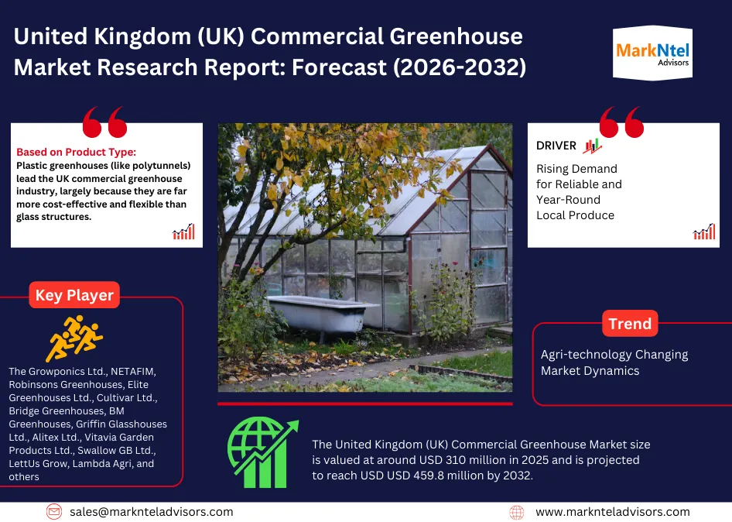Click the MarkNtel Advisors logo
[x=652, y=53]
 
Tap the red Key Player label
[x=74, y=295]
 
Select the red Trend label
[x=630, y=324]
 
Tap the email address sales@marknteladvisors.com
[x=151, y=512]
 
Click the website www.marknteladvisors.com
[x=612, y=512]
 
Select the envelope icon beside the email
[x=54, y=512]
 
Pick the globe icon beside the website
[x=517, y=512]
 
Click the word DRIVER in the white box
[x=556, y=146]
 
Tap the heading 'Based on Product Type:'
[x=76, y=152]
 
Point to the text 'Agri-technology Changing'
[x=614, y=355]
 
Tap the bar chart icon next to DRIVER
[x=592, y=146]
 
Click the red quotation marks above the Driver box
[x=622, y=123]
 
